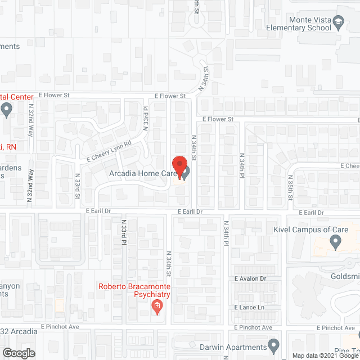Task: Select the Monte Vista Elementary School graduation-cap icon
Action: point(338,22)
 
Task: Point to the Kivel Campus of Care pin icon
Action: point(336,243)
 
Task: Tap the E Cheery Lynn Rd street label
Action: point(109,151)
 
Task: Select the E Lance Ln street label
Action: point(248,308)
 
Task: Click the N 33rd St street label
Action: point(78,186)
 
